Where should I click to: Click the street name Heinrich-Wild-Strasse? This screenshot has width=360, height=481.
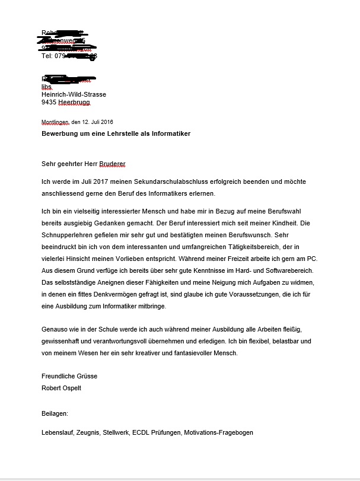coord(74,94)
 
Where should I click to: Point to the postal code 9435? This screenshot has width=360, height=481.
coord(49,102)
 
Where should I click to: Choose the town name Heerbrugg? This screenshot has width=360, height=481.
coord(74,102)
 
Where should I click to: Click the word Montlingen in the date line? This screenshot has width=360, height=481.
coord(55,122)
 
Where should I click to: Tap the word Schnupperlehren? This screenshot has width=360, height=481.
coord(68,237)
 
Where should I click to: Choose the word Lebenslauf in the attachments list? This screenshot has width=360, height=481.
coord(58,432)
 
